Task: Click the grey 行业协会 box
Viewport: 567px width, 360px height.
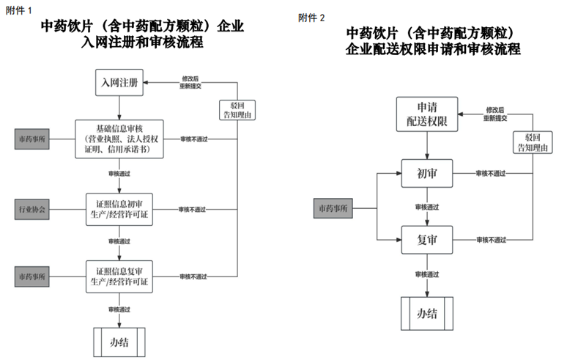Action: (x=32, y=209)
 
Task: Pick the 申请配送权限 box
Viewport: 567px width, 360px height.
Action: (x=427, y=114)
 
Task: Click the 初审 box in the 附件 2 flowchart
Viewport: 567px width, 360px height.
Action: (x=427, y=173)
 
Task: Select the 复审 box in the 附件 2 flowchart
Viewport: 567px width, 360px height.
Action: (x=427, y=239)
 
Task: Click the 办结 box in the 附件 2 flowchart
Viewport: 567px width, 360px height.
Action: (x=427, y=313)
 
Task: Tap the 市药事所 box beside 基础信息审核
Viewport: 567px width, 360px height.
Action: (x=32, y=138)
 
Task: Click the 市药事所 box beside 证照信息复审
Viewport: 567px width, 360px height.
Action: (x=32, y=276)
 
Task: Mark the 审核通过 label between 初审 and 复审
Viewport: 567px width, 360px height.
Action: (x=427, y=207)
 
